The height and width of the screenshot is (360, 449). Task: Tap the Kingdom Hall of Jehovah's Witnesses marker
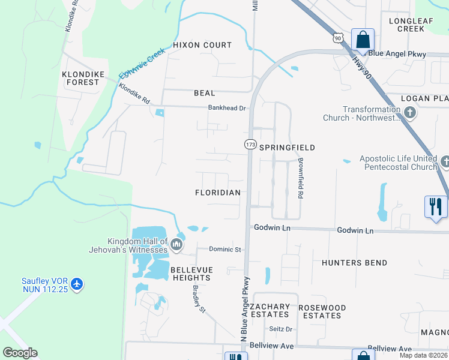176,244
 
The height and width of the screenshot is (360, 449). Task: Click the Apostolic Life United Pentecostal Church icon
445,162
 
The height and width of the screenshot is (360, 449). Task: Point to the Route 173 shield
250,145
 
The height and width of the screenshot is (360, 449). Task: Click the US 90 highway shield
338,38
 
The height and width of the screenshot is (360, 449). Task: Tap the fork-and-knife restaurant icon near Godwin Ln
436,206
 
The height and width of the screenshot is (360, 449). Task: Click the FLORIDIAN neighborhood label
218,193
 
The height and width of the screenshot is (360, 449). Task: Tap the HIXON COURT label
202,45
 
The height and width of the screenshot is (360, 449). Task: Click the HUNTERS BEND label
354,263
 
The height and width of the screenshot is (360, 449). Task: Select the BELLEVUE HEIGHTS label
191,274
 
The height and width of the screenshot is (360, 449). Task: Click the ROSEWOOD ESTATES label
322,311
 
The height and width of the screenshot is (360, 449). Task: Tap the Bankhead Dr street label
228,108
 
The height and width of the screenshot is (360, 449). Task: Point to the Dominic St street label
224,249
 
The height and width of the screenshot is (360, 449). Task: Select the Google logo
20,353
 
